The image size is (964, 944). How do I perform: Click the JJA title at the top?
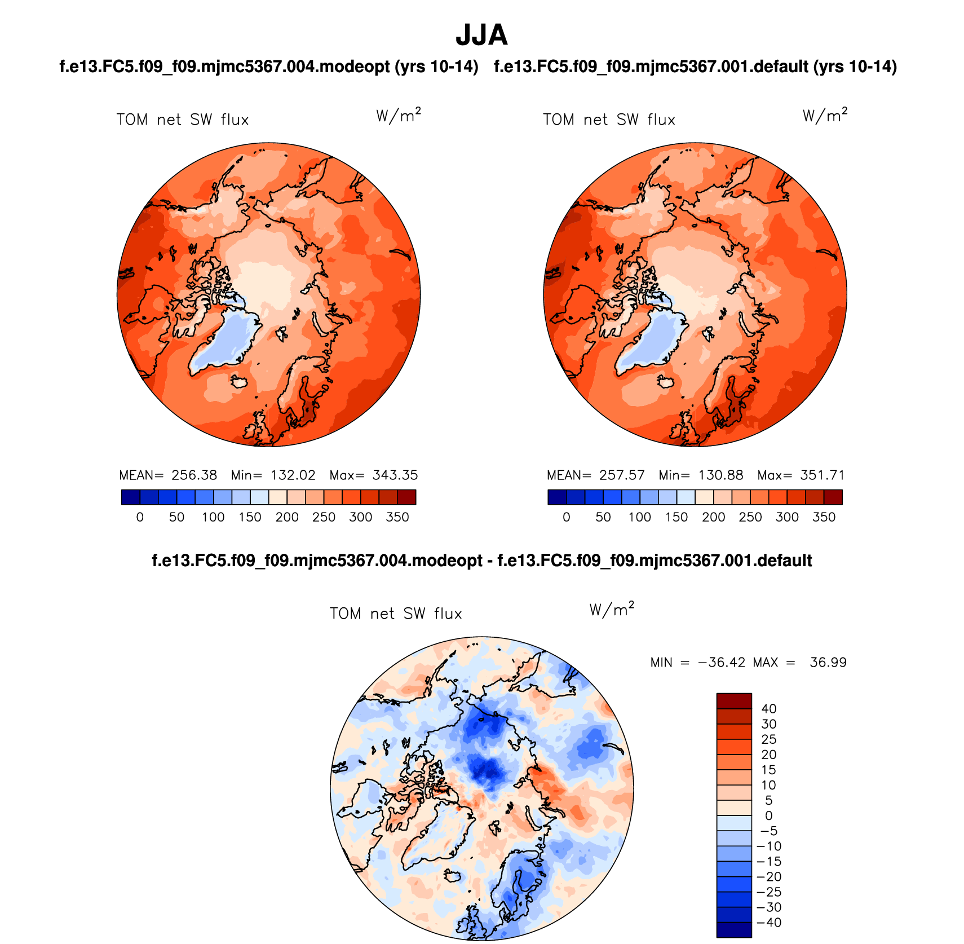(x=481, y=35)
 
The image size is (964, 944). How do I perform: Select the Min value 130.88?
(x=720, y=475)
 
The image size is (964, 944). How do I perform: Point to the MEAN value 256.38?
(x=194, y=475)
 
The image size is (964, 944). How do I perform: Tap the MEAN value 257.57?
(x=622, y=475)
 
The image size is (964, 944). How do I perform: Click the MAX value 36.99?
(x=828, y=663)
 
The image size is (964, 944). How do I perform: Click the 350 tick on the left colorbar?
(x=397, y=517)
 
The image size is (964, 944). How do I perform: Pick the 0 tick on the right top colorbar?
(x=567, y=517)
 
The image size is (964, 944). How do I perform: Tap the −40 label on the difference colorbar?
(x=769, y=923)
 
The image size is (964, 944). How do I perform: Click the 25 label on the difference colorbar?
(x=769, y=739)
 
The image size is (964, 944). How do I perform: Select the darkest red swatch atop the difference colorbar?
(x=734, y=701)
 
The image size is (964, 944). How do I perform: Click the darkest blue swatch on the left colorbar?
(x=130, y=497)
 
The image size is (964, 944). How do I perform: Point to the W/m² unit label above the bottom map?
(x=612, y=610)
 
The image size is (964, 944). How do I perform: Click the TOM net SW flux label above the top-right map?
(x=609, y=120)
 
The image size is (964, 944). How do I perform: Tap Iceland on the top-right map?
(x=666, y=382)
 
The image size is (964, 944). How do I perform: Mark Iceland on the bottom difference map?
(x=453, y=875)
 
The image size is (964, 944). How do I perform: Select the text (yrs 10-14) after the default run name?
(x=855, y=67)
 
